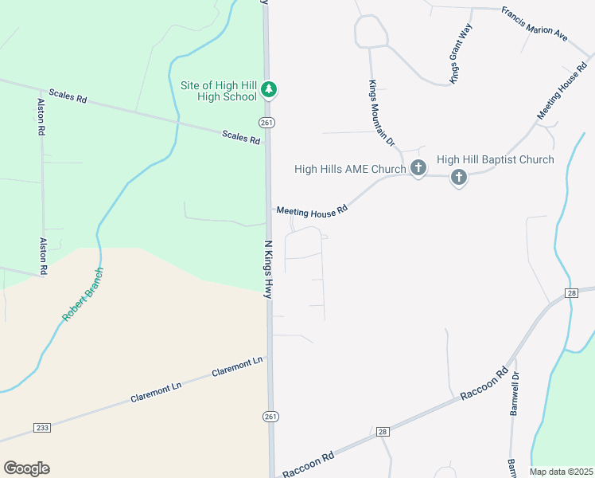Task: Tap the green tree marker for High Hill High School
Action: tap(270, 89)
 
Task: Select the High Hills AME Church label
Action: tap(350, 169)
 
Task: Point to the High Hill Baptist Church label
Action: tap(500, 160)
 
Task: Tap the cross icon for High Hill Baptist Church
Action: tap(459, 177)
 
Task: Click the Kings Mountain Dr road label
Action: tap(381, 112)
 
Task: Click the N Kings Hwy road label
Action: tap(268, 269)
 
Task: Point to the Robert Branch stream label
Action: tap(83, 294)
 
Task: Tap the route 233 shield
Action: tap(43, 428)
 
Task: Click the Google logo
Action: tap(26, 468)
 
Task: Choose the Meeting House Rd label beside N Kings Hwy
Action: tap(313, 210)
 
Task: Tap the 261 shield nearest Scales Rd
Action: tap(266, 122)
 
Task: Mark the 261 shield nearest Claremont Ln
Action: tap(271, 417)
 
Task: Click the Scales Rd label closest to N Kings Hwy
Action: tap(241, 137)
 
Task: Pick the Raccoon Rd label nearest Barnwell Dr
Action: tap(484, 383)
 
